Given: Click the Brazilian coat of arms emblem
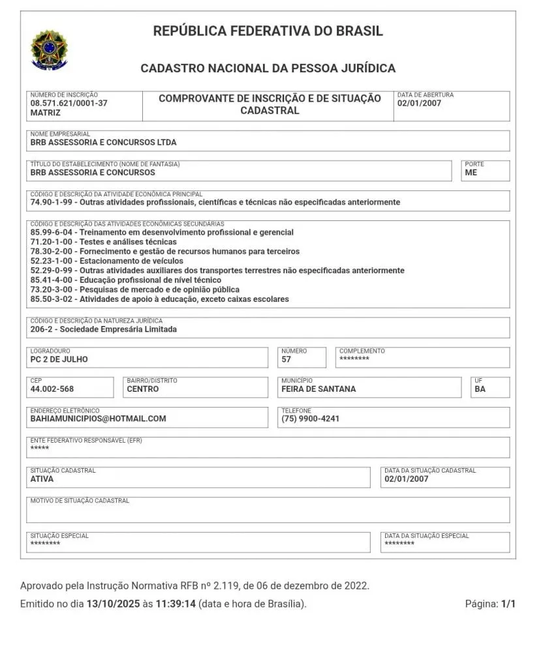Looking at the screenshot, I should coord(48,50).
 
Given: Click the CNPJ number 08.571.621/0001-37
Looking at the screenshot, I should coord(69,103).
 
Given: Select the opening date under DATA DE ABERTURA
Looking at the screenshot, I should coord(419,103).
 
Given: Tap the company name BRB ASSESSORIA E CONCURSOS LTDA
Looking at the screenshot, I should coord(103,142).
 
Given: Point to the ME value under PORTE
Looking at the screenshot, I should coord(471,173).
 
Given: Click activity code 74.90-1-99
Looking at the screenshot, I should coord(53,202).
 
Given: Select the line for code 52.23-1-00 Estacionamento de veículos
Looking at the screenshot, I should coord(106,261).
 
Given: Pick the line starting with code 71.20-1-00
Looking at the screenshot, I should coord(103,242).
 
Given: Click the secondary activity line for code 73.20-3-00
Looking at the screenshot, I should coord(134,289).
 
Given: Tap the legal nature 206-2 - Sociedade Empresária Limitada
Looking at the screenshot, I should coord(103,329).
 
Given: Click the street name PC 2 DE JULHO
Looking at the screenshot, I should coord(59,359).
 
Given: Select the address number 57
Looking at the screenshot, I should coord(287,359).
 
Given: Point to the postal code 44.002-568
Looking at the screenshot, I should coord(52,389).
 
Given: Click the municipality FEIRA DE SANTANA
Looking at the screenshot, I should coord(318,389).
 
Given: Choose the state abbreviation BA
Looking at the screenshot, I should coord(480,389).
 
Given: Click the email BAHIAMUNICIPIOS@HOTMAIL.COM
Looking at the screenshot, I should coord(98,419).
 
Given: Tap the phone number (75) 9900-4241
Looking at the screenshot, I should coord(310,419).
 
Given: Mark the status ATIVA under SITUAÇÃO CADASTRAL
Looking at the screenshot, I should coord(42,479).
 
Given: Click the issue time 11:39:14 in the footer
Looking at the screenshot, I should coord(176,604).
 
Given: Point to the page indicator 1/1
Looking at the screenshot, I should coord(508,604).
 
